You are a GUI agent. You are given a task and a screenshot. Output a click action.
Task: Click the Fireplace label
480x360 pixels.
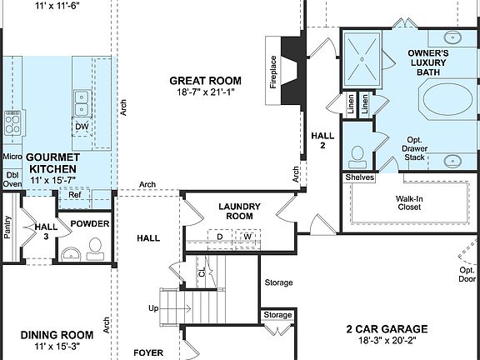coord(272,72)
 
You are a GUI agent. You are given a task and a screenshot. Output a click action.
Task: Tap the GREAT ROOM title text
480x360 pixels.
coord(206,81)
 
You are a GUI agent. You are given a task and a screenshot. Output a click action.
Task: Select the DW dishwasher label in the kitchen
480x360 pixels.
coord(82,127)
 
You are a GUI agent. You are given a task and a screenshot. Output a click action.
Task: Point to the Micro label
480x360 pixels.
coord(12,156)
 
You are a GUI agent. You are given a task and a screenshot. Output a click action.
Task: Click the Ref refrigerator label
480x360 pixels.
coord(74,195)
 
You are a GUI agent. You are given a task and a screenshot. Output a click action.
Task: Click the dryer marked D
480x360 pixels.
coord(220,237)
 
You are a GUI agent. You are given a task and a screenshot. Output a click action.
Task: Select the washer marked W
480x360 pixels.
coord(247,237)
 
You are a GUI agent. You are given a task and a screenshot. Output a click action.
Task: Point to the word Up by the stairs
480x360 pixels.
coord(153,308)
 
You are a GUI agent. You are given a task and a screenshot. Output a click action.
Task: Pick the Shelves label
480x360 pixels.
coord(359,177)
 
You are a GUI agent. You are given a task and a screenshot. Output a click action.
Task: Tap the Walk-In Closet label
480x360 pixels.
coord(408,202)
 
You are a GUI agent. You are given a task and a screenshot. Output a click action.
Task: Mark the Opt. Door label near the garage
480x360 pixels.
coord(467,275)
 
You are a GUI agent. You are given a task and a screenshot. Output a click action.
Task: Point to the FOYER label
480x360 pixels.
coord(149,353)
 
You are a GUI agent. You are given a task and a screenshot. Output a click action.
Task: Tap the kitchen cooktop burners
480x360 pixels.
coord(12,123)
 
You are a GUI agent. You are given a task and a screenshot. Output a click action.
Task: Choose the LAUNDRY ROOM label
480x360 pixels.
coord(239,212)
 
